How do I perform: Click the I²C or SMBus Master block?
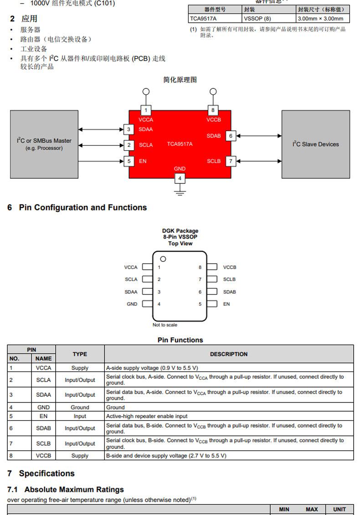pyautogui.click(x=44, y=144)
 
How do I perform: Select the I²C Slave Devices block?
pyautogui.click(x=316, y=144)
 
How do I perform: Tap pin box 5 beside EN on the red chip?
pyautogui.click(x=129, y=161)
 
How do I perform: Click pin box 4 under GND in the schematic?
pyautogui.click(x=180, y=178)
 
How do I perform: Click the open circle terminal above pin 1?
pyautogui.click(x=146, y=92)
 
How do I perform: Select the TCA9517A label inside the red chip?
pyautogui.click(x=180, y=144)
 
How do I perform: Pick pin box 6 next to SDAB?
pyautogui.click(x=231, y=136)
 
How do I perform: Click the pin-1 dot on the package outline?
pyautogui.click(x=163, y=259)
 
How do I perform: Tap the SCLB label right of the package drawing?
pyautogui.click(x=229, y=279)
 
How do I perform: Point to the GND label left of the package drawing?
pyautogui.click(x=132, y=304)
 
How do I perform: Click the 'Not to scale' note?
pyautogui.click(x=165, y=325)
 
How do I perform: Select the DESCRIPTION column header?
pyautogui.click(x=229, y=354)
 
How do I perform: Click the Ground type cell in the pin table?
pyautogui.click(x=80, y=407)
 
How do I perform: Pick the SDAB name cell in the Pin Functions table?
pyautogui.click(x=43, y=428)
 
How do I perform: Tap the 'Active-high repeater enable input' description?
pyautogui.click(x=147, y=416)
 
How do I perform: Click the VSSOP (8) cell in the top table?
pyautogui.click(x=257, y=19)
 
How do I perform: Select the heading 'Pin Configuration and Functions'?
pyautogui.click(x=83, y=208)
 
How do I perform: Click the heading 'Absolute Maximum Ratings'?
pyautogui.click(x=74, y=490)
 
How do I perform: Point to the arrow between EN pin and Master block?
pyautogui.click(x=101, y=161)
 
